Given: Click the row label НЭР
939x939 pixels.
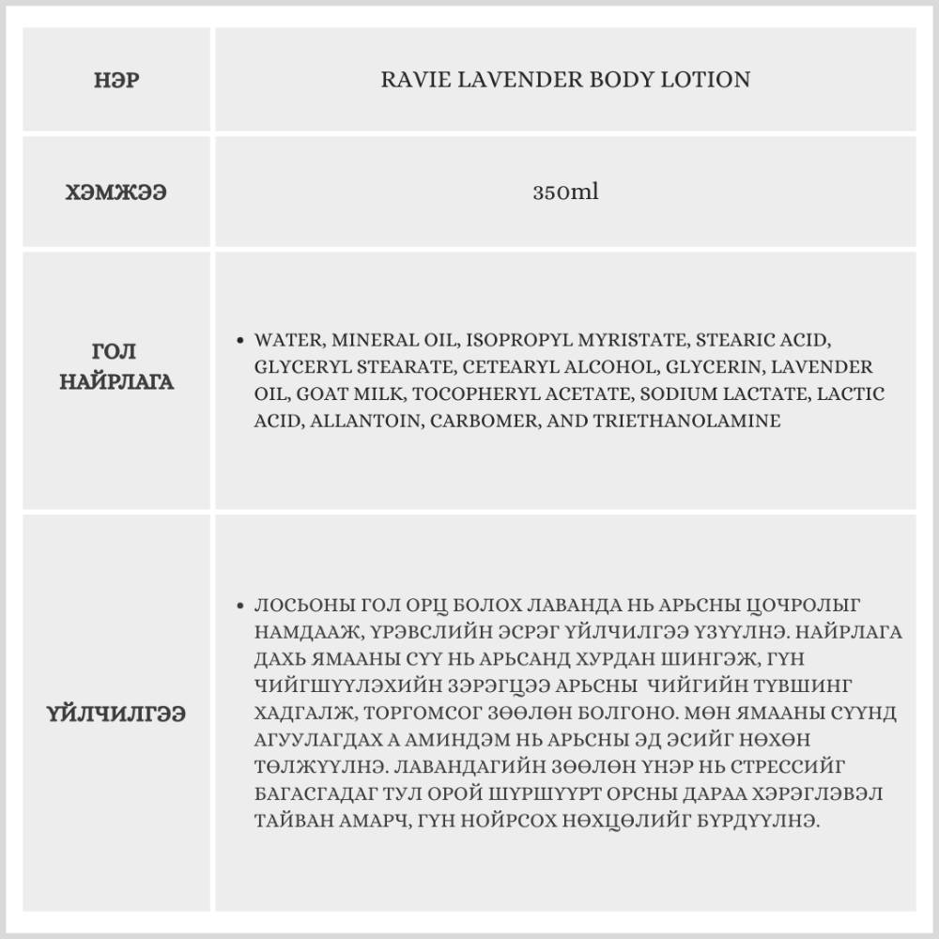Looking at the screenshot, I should (x=117, y=81).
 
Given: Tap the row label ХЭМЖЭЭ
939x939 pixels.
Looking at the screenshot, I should (x=117, y=193).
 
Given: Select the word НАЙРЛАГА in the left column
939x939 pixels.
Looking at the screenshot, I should (x=117, y=383).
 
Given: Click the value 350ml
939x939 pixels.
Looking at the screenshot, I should (x=565, y=193).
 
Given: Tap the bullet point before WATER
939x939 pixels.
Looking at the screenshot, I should (x=242, y=340).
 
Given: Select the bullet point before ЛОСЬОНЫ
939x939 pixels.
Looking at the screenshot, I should (x=242, y=606).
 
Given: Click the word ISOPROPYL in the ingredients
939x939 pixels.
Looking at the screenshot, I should (x=507, y=339).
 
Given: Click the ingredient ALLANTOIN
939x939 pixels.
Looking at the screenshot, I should (x=365, y=421).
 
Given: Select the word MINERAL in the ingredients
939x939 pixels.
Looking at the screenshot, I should (x=368, y=339).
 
